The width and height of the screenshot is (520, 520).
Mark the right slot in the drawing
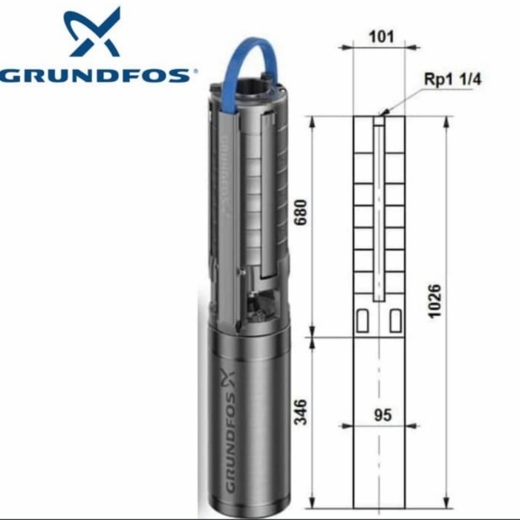point(394,320)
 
